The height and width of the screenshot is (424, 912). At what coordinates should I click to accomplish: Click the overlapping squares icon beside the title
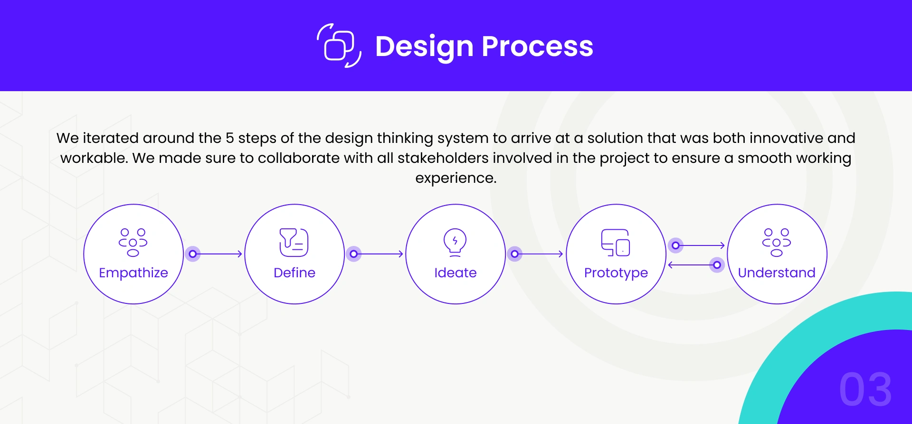339,46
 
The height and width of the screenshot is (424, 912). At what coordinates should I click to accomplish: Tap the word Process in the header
537,46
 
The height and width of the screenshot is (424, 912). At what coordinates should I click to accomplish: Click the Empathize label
133,273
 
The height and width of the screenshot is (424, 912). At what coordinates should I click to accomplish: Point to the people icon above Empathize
133,243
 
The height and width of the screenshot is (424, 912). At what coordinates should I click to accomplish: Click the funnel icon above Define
294,243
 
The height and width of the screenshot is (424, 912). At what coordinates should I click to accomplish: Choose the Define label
294,273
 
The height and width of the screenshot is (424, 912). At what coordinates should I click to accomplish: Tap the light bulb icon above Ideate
455,243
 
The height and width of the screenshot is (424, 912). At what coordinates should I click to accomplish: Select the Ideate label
456,273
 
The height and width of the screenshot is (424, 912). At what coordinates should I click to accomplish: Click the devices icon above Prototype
616,243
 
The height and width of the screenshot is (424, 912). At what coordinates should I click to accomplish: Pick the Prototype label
616,273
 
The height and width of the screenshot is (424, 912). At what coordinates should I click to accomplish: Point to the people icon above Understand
777,243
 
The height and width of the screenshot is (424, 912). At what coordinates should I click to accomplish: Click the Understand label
777,273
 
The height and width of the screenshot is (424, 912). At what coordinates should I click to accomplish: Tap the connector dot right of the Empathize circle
192,254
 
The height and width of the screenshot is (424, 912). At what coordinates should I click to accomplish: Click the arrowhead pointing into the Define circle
240,254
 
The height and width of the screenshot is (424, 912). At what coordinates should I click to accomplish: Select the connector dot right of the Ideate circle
514,254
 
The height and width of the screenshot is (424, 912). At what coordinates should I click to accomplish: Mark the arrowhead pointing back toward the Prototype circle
671,265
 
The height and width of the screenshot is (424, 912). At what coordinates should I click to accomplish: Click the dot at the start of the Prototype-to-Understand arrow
675,245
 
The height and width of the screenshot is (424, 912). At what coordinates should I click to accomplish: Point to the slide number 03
865,389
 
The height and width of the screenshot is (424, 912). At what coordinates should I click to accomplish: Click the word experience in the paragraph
456,178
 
